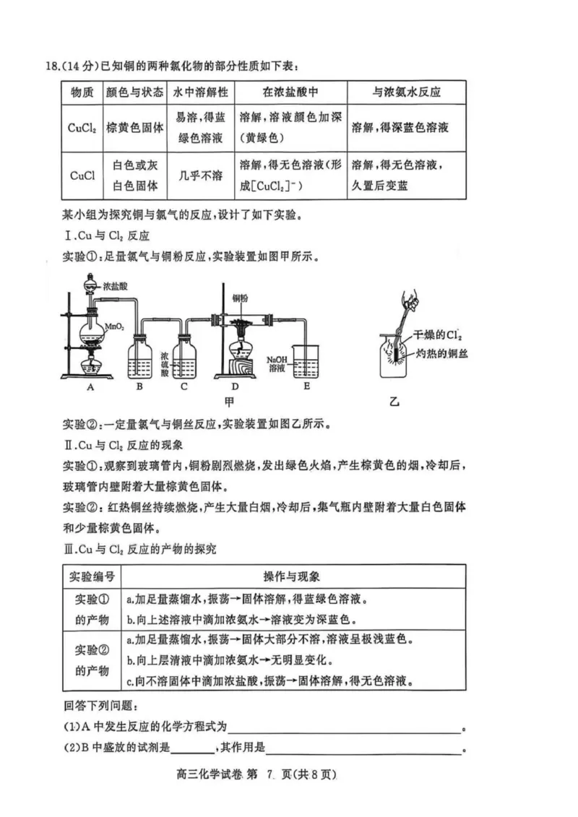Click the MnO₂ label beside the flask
tap(115, 327)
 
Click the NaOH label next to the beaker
tap(278, 359)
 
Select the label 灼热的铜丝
tap(442, 353)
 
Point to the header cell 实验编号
tap(92, 577)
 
